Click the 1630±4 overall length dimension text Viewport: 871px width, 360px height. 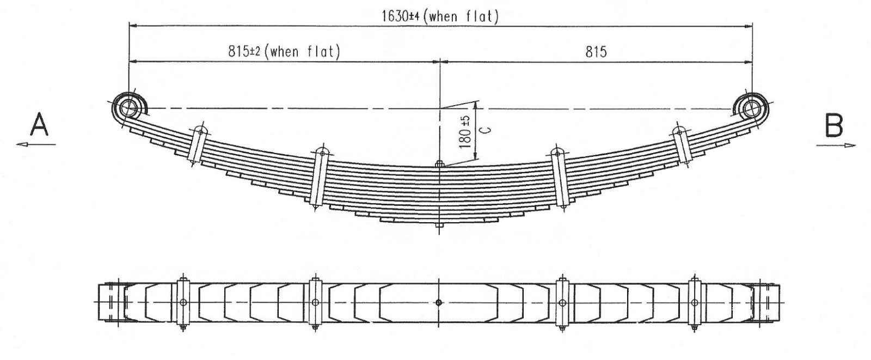440,16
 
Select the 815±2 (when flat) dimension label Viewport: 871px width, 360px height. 284,51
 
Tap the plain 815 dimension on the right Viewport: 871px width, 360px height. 596,52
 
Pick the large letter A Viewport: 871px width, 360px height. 39,124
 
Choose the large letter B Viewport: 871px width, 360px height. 834,125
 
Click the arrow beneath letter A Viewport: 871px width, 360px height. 36,145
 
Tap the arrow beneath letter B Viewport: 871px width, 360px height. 836,145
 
